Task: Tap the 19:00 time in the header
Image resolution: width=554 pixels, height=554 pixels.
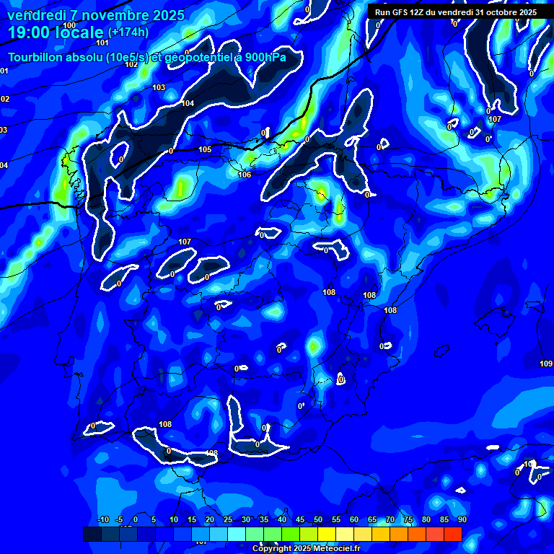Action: (30, 32)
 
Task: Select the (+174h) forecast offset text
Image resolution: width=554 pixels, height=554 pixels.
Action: (128, 32)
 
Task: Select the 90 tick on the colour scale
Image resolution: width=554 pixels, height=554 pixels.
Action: (462, 519)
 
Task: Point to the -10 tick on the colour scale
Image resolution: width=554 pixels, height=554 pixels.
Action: (102, 519)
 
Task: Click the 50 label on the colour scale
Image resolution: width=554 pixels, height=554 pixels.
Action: (318, 519)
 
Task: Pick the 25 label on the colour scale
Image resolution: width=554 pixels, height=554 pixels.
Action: (228, 519)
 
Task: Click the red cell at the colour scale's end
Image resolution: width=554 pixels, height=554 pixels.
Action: (452, 534)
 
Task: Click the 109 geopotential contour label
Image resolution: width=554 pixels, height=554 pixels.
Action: (546, 364)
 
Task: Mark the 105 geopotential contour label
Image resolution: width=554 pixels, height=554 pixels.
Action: (205, 150)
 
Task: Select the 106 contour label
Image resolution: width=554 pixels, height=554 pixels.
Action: (245, 175)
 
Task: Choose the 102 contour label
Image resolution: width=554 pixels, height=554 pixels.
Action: (131, 64)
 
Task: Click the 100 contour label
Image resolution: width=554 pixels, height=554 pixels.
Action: (69, 25)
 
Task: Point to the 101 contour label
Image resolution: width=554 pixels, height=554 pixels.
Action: (102, 43)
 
